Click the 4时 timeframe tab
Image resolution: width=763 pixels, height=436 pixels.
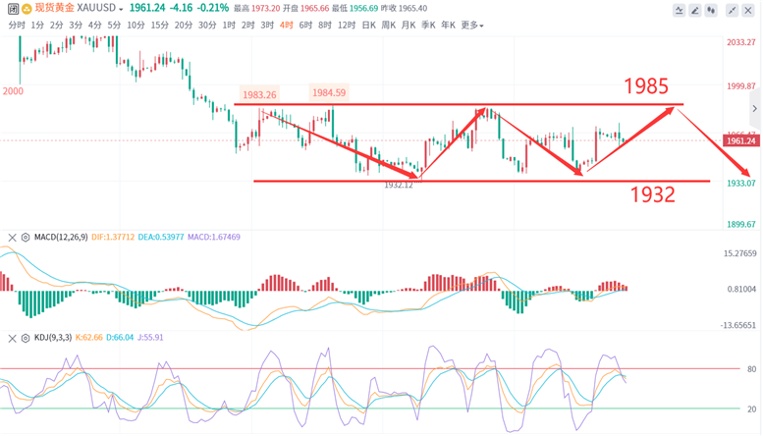coord(286,26)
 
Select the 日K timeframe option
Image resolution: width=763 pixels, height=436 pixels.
coord(369,26)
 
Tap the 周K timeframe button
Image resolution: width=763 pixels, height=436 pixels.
coord(389,26)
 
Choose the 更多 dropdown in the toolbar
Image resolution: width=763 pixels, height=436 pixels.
coord(471,26)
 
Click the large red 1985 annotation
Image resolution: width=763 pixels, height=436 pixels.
coord(647,85)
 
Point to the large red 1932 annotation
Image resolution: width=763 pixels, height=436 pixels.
coord(653,194)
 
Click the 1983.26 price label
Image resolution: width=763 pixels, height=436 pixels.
coord(259,95)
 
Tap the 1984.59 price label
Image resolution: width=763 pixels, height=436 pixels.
coord(329,93)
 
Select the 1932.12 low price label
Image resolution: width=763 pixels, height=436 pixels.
coord(398,185)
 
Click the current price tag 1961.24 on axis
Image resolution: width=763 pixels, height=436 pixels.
coord(740,140)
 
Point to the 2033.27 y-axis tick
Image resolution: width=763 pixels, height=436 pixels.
coord(739,43)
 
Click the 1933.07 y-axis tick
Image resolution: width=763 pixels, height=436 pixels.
coord(739,183)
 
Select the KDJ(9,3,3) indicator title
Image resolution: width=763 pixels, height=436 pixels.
coord(56,338)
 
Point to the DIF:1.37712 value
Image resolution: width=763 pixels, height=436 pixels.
coord(114,238)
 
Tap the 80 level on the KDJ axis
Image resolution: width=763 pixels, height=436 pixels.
coord(751,369)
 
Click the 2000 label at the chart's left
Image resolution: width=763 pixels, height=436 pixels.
coord(13,91)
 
